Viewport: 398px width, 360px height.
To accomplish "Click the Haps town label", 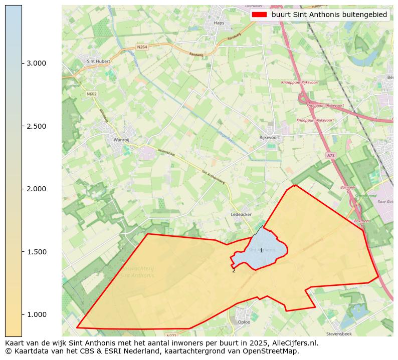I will [219, 23].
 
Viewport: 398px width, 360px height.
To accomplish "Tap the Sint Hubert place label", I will [97, 62].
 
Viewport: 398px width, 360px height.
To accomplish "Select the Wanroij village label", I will [122, 140].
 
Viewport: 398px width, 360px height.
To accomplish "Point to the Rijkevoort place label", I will [269, 137].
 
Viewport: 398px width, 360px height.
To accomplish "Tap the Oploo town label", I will [244, 322].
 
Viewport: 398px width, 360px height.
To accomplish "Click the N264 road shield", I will [142, 48].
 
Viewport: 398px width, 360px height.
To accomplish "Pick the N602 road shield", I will [91, 94].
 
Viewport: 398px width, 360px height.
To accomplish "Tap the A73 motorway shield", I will [330, 156].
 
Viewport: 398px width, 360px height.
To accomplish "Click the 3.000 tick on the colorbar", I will [37, 63].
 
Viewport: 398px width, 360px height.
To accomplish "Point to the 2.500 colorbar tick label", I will [37, 126].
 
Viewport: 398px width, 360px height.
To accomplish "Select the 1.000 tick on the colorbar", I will [37, 314].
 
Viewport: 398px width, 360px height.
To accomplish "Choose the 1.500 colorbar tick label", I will [37, 251].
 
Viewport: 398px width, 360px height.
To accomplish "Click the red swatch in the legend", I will [260, 15].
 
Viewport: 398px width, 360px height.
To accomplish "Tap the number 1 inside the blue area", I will [261, 250].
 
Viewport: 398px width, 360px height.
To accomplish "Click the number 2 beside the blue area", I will [234, 270].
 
